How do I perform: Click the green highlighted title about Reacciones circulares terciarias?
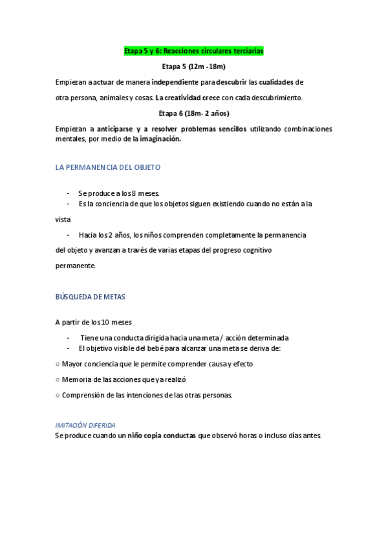click(x=193, y=50)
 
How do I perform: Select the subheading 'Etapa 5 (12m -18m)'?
click(x=193, y=67)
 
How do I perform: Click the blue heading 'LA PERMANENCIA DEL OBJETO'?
click(x=108, y=167)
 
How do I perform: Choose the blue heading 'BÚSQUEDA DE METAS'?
click(x=91, y=297)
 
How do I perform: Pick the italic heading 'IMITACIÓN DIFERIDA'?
click(x=85, y=425)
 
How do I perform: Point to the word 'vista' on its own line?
click(x=63, y=220)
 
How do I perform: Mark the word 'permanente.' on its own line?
click(x=75, y=266)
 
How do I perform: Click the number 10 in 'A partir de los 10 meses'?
click(x=105, y=322)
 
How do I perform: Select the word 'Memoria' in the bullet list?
click(x=75, y=379)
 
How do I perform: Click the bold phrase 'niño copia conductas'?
click(x=161, y=436)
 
